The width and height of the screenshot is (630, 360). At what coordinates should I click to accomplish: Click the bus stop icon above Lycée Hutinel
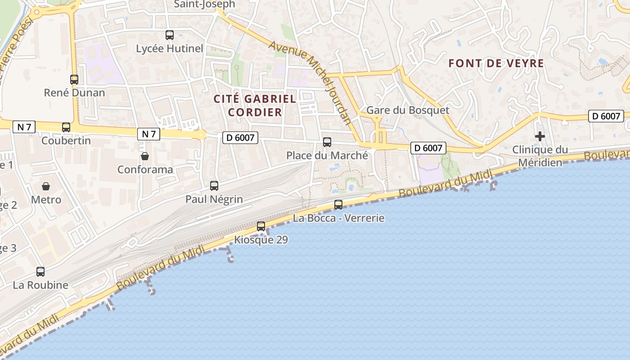tap(170, 35)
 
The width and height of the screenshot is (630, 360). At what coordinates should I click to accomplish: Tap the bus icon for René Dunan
tap(74, 80)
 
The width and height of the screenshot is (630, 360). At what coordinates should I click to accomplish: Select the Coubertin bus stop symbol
tap(66, 127)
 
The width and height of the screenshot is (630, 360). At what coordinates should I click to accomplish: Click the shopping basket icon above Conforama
tap(145, 156)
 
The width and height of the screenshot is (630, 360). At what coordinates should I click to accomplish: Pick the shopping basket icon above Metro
tap(46, 186)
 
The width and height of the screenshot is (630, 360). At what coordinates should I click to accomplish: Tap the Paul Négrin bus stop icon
tap(214, 185)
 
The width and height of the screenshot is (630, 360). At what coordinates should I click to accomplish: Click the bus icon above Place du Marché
tap(327, 142)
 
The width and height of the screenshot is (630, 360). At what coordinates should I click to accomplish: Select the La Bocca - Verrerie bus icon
tap(338, 205)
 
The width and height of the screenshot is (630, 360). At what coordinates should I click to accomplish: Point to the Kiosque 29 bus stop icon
tap(261, 226)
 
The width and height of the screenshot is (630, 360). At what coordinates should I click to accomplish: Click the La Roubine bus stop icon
tap(40, 271)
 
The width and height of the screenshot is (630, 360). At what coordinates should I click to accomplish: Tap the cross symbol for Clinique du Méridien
tap(540, 136)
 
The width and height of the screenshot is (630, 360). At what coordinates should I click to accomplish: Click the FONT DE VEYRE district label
tap(496, 63)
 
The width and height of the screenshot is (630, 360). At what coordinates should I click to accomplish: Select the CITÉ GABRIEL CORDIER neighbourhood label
tap(255, 105)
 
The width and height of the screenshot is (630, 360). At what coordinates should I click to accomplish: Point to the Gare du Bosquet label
tap(408, 110)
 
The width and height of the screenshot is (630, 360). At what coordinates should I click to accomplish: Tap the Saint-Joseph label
tap(204, 4)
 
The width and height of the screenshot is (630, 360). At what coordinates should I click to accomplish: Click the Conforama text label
tap(145, 170)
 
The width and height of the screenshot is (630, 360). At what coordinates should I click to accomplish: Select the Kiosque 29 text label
tap(261, 240)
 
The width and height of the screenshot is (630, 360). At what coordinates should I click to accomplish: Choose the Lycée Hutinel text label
tap(170, 49)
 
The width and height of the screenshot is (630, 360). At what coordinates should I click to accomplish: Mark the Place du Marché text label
tap(327, 156)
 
